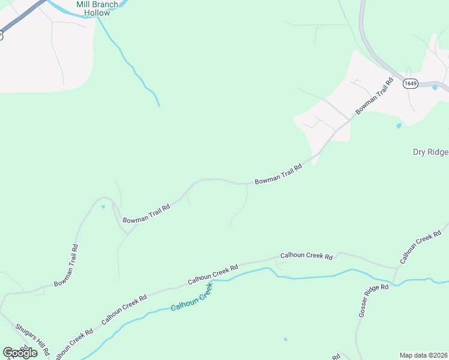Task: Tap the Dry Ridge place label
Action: tap(430, 152)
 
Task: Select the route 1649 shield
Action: tap(411, 83)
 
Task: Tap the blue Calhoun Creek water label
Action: tap(192, 298)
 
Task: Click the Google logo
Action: tap(20, 352)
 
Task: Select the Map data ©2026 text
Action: tap(423, 355)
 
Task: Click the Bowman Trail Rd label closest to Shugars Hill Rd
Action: tap(65, 265)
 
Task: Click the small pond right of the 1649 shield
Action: tap(435, 88)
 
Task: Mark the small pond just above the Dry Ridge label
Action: tap(399, 126)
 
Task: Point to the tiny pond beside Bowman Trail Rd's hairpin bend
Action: tap(103, 207)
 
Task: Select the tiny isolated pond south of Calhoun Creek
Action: tap(286, 339)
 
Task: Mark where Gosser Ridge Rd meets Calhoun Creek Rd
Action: tap(394, 267)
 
